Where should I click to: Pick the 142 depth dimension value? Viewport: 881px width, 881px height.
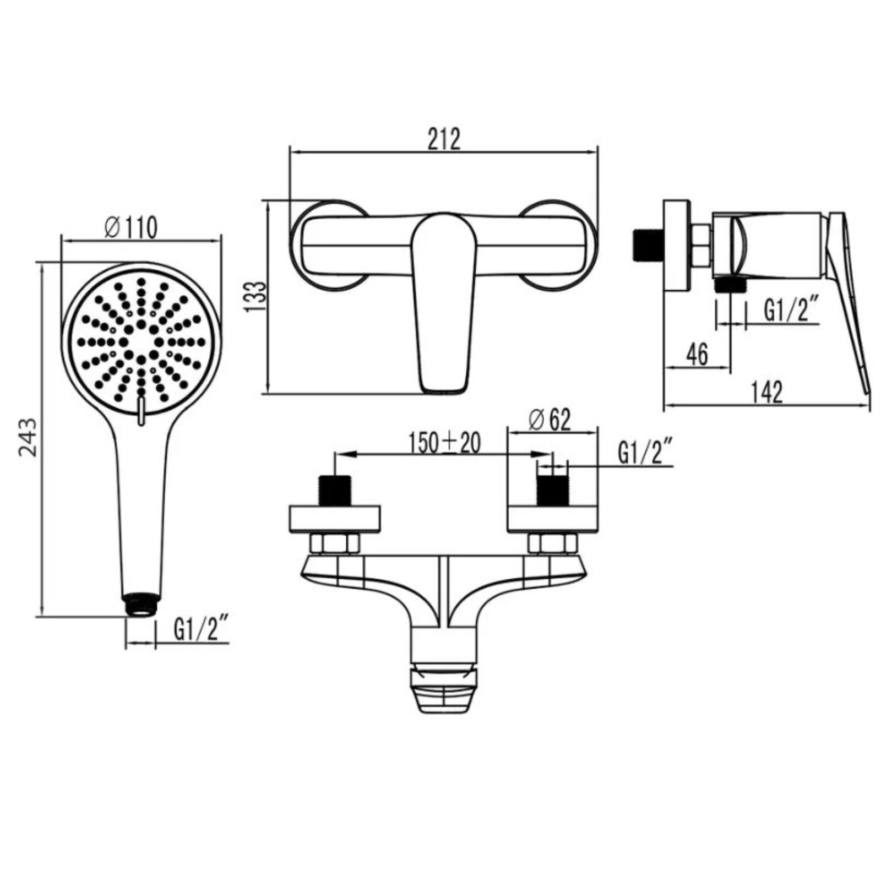[x=766, y=393]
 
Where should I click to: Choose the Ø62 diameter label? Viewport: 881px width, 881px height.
[x=550, y=420]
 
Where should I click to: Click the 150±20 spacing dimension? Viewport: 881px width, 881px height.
[x=444, y=443]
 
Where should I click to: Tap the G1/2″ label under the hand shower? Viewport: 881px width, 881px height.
[x=200, y=629]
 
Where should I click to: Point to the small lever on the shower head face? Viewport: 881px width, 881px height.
[x=142, y=411]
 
